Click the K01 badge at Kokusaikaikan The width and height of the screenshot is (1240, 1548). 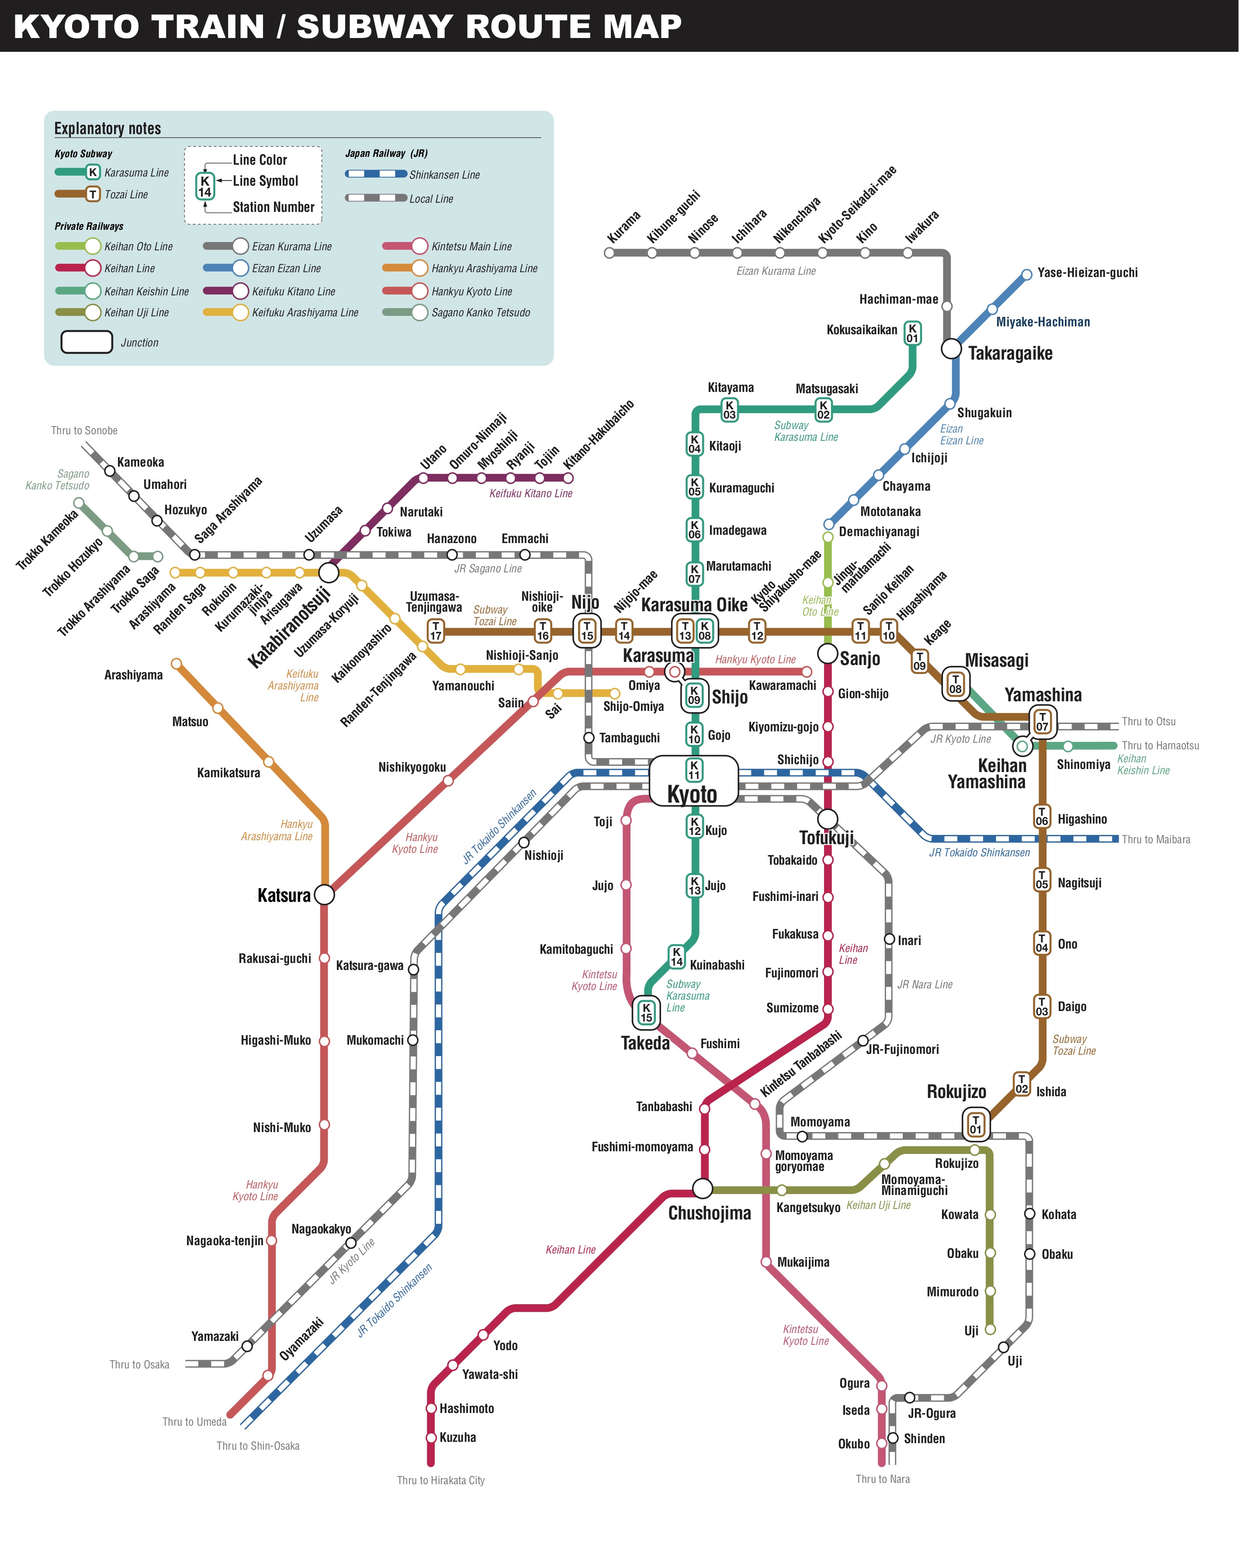tap(912, 333)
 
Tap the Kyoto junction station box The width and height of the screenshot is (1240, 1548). tap(693, 780)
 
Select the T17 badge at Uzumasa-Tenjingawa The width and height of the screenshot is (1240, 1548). tap(435, 630)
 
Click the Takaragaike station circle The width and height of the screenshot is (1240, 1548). tap(951, 349)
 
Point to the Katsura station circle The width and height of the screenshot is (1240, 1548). tap(325, 895)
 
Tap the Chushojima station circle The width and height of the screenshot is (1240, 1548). tap(702, 1188)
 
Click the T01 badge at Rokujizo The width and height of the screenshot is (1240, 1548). tap(975, 1124)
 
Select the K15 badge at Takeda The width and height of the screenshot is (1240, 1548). tap(646, 1012)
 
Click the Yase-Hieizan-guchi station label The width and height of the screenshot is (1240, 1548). tap(1087, 273)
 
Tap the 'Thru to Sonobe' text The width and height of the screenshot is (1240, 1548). tap(84, 431)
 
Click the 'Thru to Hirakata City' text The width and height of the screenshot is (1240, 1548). tap(441, 1480)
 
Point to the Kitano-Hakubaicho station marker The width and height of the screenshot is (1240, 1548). tap(569, 478)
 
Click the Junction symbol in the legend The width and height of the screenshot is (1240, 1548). tap(87, 342)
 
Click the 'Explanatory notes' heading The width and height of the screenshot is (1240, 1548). tap(107, 128)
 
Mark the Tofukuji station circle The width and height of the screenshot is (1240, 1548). tap(827, 818)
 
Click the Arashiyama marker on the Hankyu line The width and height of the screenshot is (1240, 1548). tap(176, 663)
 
